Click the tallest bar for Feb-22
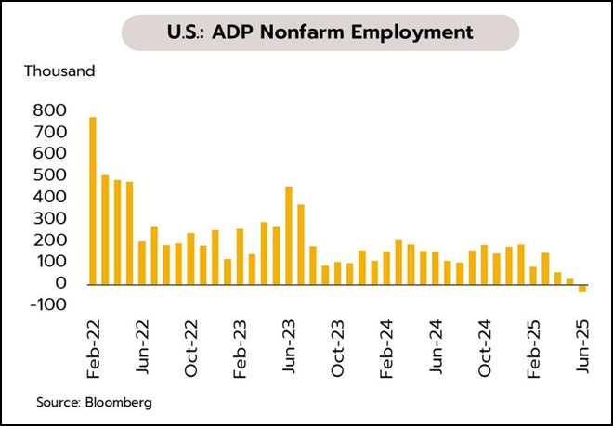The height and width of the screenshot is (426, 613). [93, 200]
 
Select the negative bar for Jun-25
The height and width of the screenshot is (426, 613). [582, 288]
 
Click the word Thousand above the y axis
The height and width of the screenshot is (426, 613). [59, 71]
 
